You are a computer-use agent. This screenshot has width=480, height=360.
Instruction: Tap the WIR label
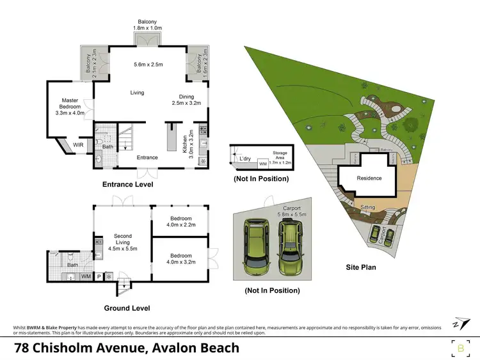78,145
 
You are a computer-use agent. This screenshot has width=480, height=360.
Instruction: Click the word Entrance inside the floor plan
147,157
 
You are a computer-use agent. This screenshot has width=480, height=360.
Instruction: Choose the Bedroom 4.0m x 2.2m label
181,222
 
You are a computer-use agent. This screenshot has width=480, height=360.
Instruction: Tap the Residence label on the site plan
369,178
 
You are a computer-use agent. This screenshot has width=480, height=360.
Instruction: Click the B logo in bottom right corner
461,348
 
